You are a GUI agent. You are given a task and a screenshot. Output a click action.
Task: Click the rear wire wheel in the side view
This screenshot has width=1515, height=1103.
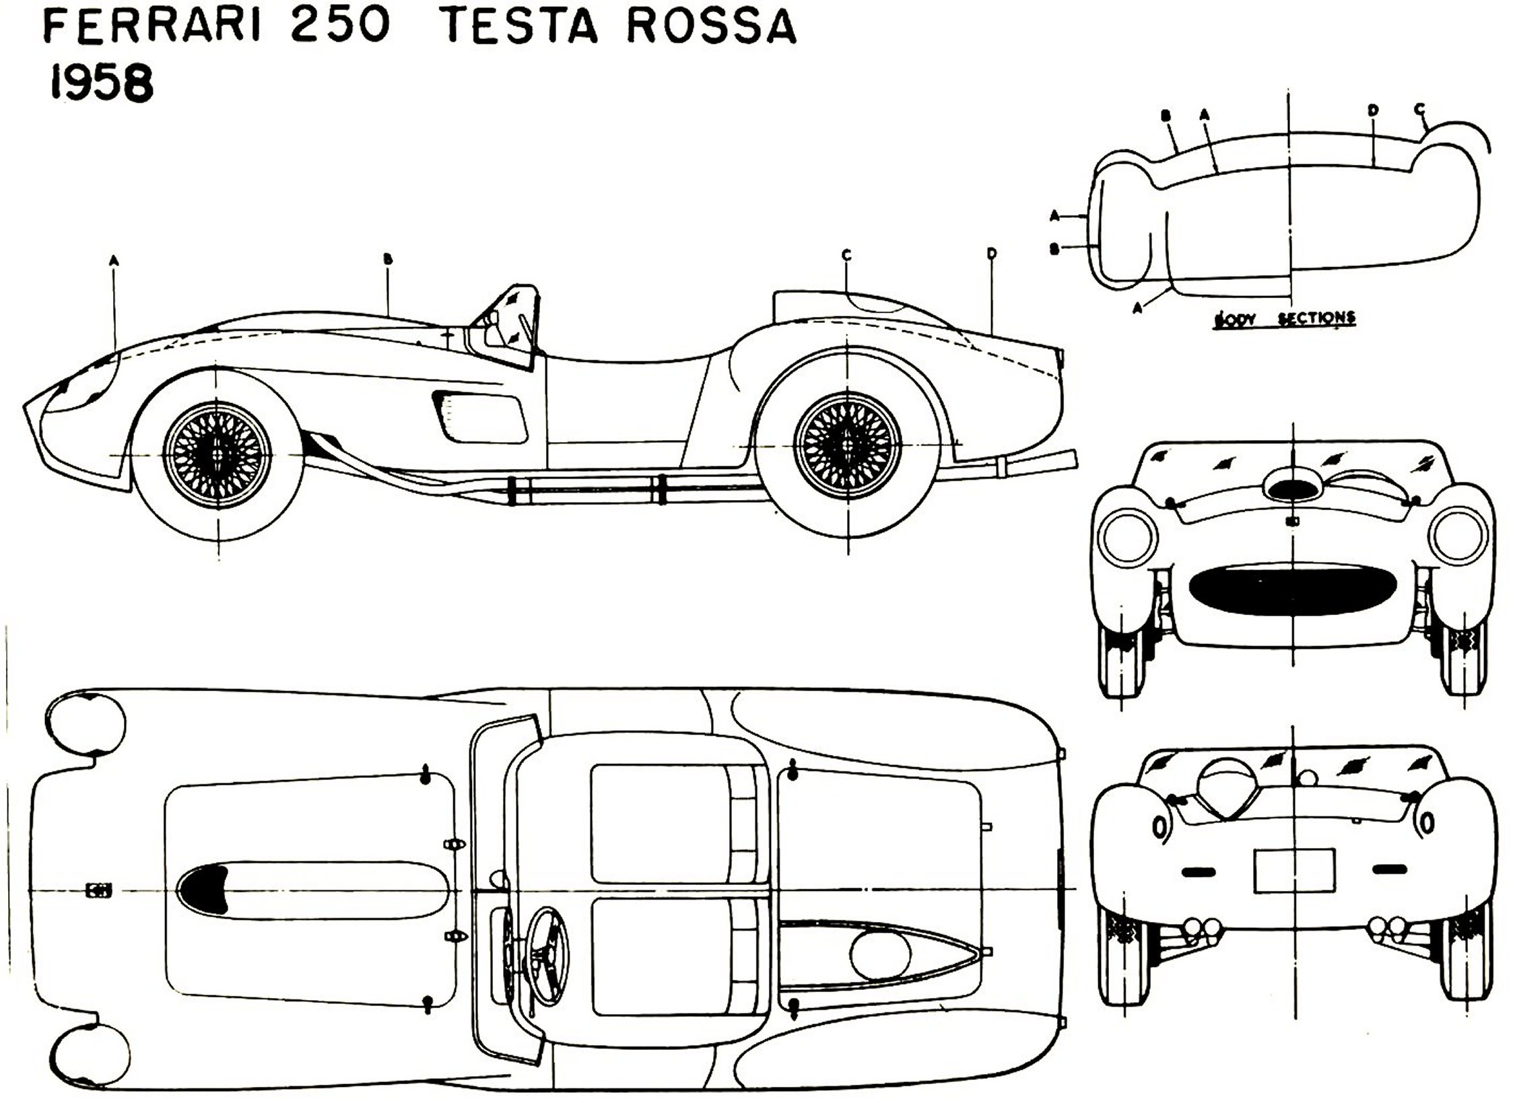click(x=847, y=446)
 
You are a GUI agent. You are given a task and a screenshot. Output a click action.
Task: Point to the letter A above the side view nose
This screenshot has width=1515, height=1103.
click(x=114, y=258)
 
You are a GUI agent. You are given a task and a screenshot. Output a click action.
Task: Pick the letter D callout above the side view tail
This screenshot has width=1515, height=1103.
click(x=991, y=254)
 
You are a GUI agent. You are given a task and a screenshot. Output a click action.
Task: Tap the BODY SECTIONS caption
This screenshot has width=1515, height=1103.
click(x=1283, y=318)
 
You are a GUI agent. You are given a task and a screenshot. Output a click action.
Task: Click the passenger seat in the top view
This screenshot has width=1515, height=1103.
click(x=660, y=822)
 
